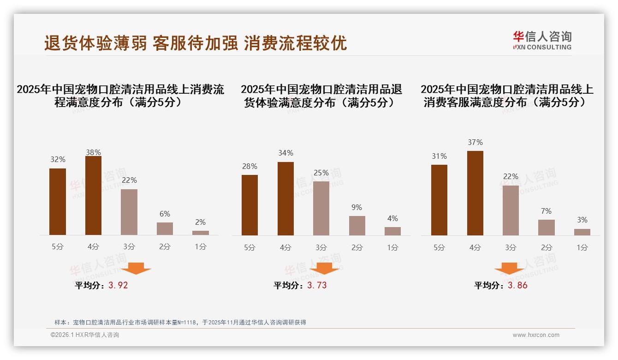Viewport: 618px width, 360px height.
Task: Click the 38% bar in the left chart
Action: (x=93, y=196)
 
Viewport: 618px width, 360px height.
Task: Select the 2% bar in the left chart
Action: (x=201, y=233)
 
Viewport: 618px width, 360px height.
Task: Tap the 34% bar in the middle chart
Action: (x=285, y=198)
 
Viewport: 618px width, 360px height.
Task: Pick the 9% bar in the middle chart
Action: (x=357, y=226)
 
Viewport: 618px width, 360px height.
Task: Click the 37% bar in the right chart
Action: (x=475, y=193)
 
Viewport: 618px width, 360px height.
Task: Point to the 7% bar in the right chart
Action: (x=547, y=228)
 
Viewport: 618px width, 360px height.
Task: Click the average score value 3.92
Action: (x=118, y=285)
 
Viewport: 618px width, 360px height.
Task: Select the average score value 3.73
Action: (x=317, y=285)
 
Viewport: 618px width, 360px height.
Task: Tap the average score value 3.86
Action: (x=517, y=285)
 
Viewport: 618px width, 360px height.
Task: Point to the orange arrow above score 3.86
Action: (x=509, y=268)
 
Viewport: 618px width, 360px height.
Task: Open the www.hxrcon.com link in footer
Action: (x=536, y=335)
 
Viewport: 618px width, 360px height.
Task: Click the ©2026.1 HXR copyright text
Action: (x=85, y=335)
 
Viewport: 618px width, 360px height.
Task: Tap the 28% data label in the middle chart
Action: (x=250, y=167)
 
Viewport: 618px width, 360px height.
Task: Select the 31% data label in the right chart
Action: (x=439, y=156)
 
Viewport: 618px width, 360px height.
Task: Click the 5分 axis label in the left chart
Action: (x=58, y=247)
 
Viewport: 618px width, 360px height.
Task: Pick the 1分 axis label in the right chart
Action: (x=582, y=248)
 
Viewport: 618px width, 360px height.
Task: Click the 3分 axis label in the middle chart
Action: (x=321, y=248)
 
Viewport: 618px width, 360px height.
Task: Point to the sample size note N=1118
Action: (x=180, y=323)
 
